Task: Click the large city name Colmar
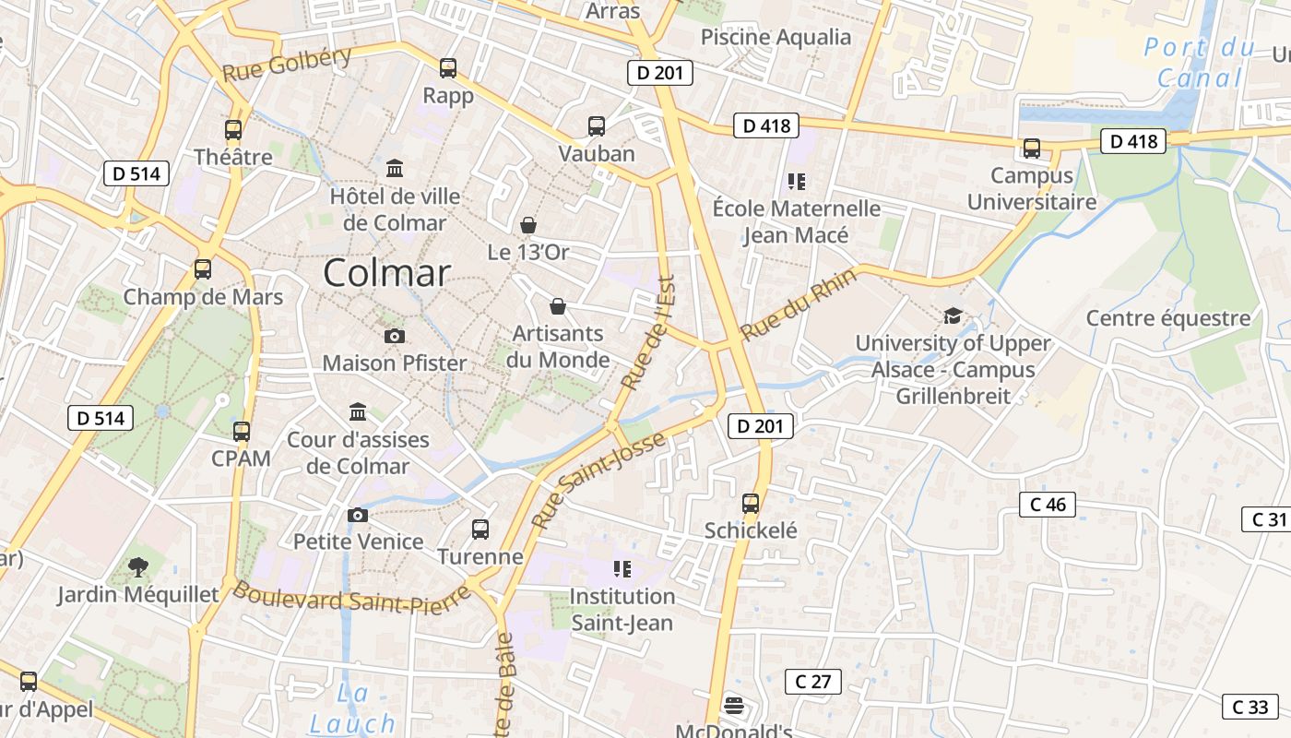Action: pyautogui.click(x=387, y=273)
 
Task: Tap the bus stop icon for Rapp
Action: pyautogui.click(x=448, y=67)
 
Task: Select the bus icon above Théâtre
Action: pyautogui.click(x=233, y=130)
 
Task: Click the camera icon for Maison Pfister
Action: pyautogui.click(x=395, y=336)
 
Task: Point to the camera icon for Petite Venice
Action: pyautogui.click(x=358, y=515)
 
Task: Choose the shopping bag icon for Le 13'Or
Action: pyautogui.click(x=528, y=224)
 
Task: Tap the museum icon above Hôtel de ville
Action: pyautogui.click(x=395, y=168)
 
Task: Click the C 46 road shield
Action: pyautogui.click(x=1048, y=505)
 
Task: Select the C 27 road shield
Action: pyautogui.click(x=813, y=682)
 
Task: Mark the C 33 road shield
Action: pyautogui.click(x=1250, y=707)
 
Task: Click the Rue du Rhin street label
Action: pyautogui.click(x=799, y=304)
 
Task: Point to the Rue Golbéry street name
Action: pyautogui.click(x=287, y=64)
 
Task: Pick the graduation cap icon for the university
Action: pyautogui.click(x=953, y=316)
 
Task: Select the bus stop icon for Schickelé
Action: pyautogui.click(x=751, y=504)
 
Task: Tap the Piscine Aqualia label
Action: pyautogui.click(x=776, y=37)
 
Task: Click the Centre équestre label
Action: pyautogui.click(x=1167, y=318)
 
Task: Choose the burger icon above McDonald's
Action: pyautogui.click(x=734, y=706)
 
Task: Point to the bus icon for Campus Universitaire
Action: pyautogui.click(x=1032, y=149)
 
